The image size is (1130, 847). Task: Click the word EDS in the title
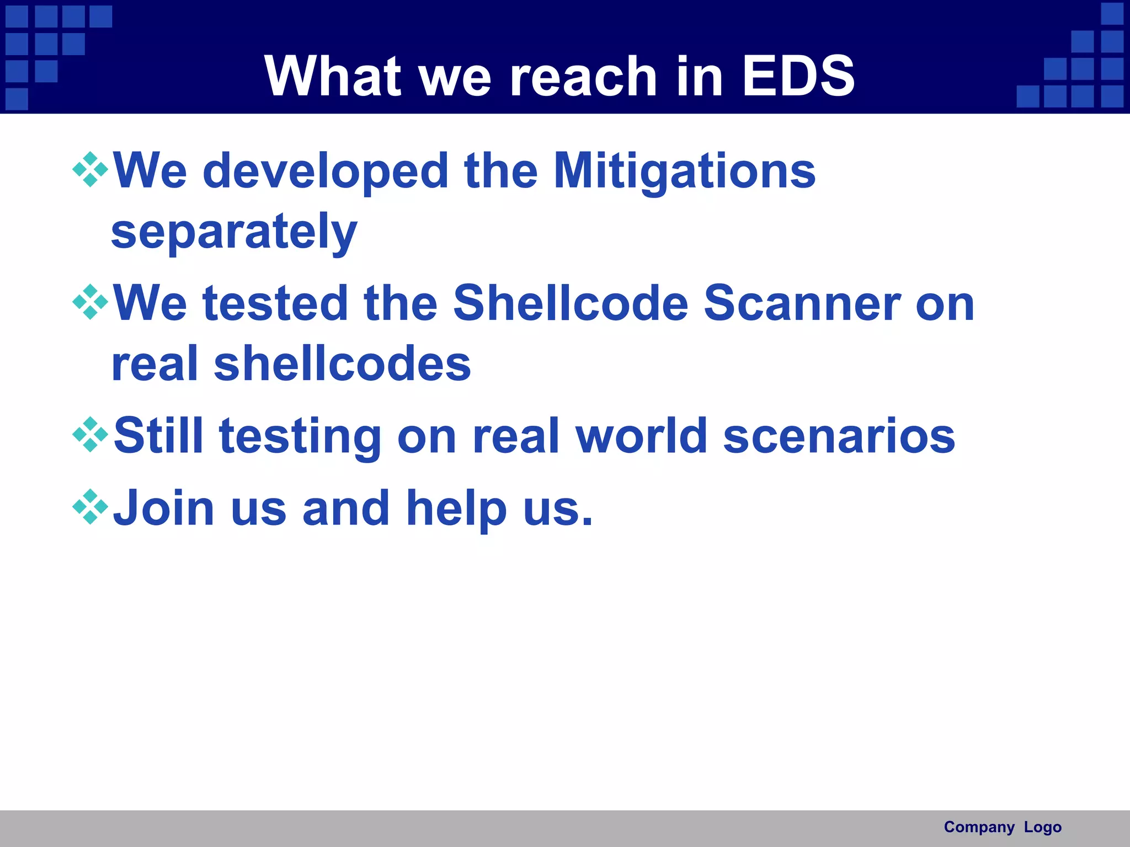click(x=798, y=76)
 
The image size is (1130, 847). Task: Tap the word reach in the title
click(x=584, y=76)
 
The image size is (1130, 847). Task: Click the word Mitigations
click(x=684, y=171)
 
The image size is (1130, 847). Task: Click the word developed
click(x=326, y=171)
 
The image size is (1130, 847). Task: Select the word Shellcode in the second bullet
click(x=571, y=303)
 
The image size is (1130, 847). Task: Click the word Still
click(x=158, y=436)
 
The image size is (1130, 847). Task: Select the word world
click(x=642, y=436)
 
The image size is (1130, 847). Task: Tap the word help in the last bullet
click(x=456, y=508)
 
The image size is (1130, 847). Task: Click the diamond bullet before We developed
click(x=90, y=170)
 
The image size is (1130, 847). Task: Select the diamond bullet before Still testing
click(x=90, y=435)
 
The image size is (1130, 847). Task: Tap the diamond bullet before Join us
click(x=90, y=506)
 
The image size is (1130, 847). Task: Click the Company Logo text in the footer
click(x=1003, y=827)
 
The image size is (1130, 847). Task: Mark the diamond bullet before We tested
click(x=90, y=302)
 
